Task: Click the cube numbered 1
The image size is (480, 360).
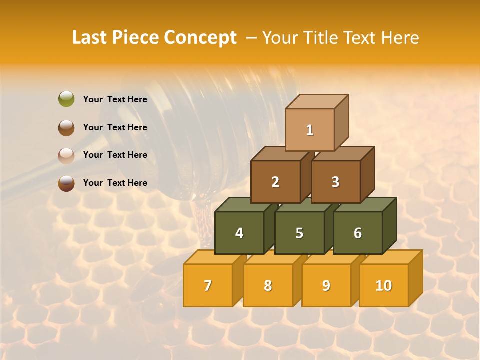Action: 310,130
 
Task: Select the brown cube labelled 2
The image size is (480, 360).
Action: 275,182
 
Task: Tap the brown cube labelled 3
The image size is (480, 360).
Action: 335,182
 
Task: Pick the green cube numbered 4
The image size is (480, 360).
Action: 239,233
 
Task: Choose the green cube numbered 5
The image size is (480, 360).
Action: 299,233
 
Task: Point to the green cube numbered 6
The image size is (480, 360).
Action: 358,233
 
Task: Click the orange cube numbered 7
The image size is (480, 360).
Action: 208,285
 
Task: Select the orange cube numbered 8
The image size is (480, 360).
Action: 268,285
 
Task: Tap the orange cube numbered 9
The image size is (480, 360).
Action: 326,285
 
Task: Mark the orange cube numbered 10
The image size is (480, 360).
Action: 384,285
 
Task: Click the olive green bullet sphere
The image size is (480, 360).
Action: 66,99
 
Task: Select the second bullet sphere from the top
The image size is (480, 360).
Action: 66,127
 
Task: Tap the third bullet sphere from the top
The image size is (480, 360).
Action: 66,155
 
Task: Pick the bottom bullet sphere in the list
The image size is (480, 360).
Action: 66,183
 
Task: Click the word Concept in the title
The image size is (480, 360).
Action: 200,38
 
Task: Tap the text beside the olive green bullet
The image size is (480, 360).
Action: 115,99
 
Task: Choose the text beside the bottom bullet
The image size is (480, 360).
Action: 115,183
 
